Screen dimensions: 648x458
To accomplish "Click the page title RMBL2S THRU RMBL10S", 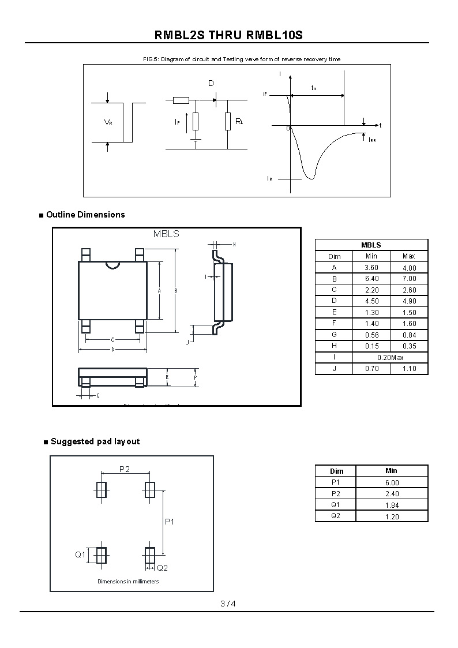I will (x=228, y=35).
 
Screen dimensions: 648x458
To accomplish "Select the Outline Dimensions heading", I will (x=85, y=215).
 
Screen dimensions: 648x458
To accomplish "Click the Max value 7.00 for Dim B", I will (x=409, y=279).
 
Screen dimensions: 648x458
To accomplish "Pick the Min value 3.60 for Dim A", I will (x=371, y=268).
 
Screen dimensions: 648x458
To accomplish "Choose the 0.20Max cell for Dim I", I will (x=391, y=358).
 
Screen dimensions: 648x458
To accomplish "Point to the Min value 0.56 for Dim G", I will (x=371, y=335).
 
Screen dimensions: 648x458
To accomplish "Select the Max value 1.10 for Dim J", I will (x=409, y=369).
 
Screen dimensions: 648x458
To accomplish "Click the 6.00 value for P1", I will (x=392, y=482).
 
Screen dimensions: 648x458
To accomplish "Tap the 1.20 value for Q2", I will (x=392, y=516).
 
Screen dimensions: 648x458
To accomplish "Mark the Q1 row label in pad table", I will (x=336, y=505).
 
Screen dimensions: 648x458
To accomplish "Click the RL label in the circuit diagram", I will (x=239, y=122).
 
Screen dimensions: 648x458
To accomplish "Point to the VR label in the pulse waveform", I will (x=108, y=122).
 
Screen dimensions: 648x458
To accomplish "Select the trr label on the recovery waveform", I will (x=314, y=88).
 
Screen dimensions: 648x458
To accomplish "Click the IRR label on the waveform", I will (x=372, y=140).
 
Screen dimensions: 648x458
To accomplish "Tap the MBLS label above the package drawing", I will (x=166, y=234).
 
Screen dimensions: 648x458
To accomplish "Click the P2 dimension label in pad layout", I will (x=125, y=469).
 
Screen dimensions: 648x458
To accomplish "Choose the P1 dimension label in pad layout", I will (x=170, y=522).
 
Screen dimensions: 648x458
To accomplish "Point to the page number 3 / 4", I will (x=228, y=604).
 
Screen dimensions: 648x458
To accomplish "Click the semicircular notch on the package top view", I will (x=112, y=265).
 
